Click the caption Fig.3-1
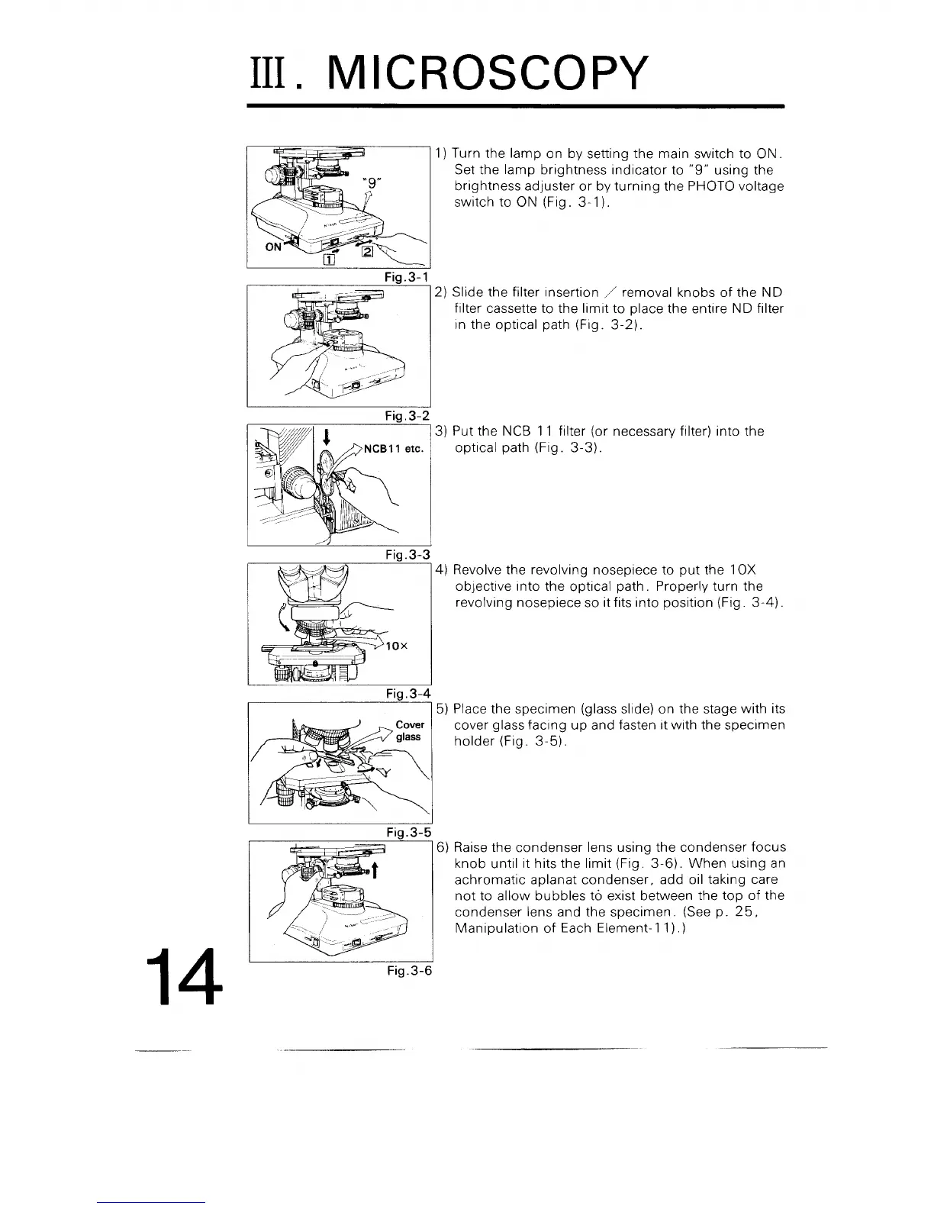pos(407,276)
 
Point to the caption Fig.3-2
pos(407,414)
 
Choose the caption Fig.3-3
pos(407,553)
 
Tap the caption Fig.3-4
pos(407,693)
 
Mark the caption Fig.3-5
pos(407,832)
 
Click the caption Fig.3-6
pos(407,972)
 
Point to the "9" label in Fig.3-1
pos(371,183)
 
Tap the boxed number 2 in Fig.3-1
pos(367,252)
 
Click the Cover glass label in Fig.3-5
pos(409,730)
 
